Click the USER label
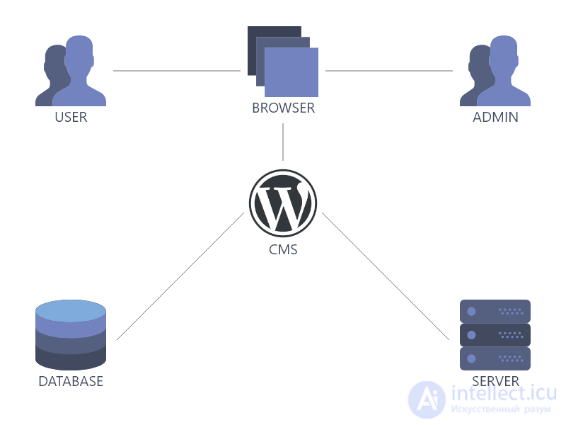71,117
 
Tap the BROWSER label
284,108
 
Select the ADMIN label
495,117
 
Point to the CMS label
283,249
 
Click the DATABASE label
71,381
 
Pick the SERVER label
495,381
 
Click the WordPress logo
283,203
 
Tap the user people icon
71,71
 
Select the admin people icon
495,71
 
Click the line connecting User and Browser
177,71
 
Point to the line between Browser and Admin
389,71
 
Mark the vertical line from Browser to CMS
283,142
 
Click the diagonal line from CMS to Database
180,276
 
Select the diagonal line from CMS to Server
386,276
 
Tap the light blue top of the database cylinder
71,310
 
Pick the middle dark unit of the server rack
495,335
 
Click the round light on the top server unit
471,312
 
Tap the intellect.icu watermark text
504,393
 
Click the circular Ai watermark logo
427,399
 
